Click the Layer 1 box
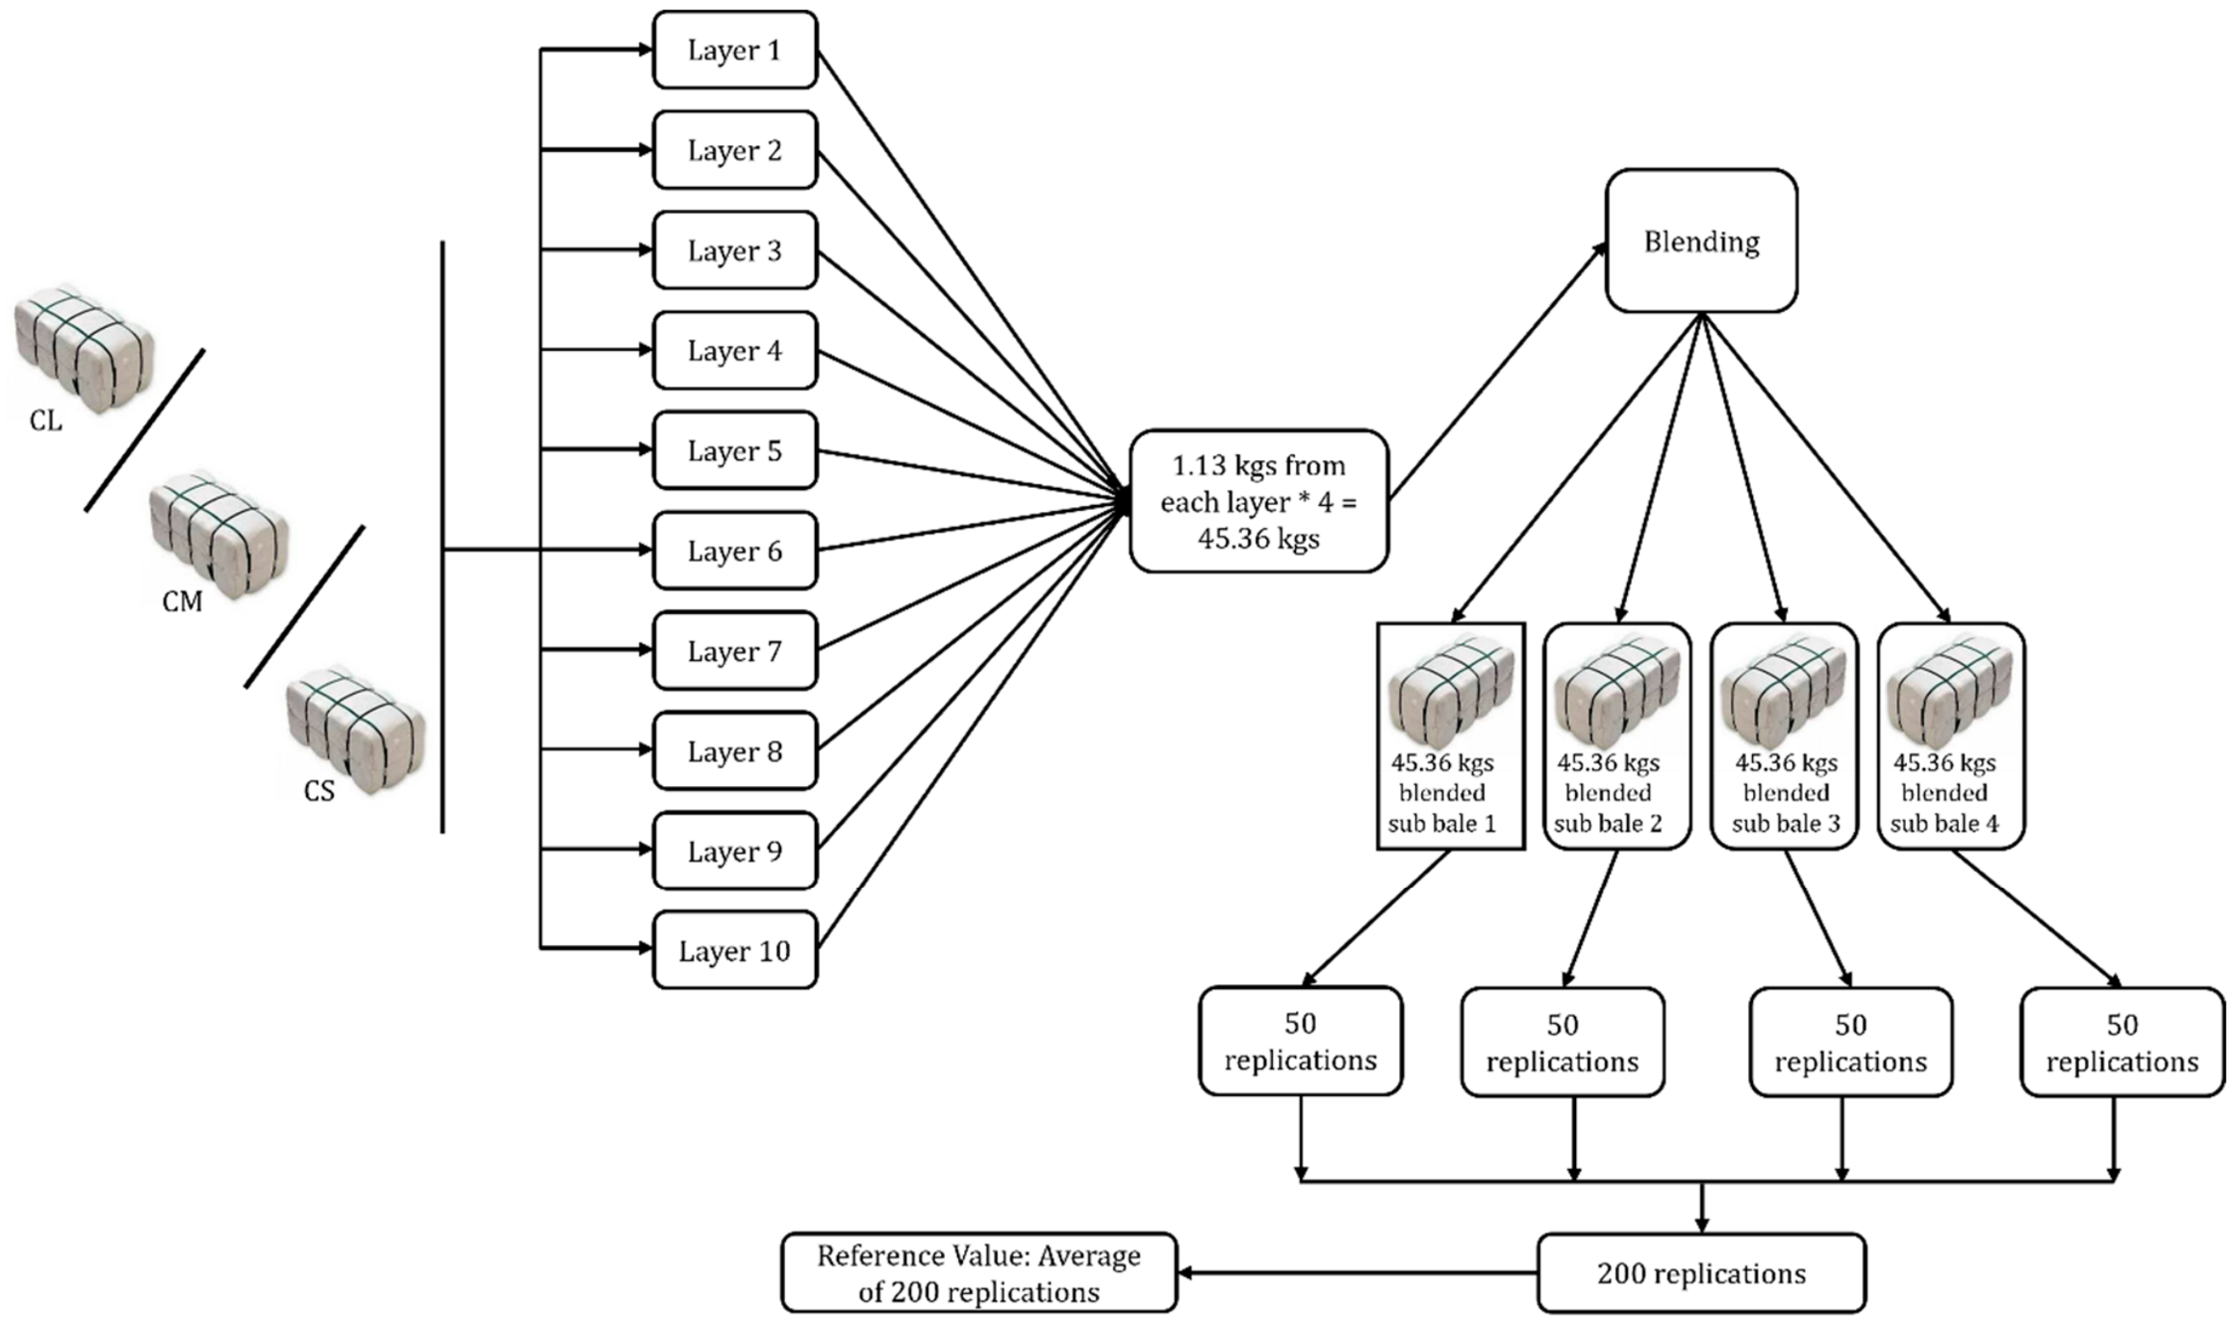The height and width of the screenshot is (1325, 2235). [734, 50]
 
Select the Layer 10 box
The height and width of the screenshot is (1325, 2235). [734, 950]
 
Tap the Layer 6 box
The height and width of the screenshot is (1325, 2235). [734, 550]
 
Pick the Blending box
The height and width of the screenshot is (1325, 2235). [1701, 241]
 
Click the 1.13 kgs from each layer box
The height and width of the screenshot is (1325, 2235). [1258, 501]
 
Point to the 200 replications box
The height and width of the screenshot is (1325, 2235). [1701, 1273]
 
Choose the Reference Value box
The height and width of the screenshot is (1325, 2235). [979, 1273]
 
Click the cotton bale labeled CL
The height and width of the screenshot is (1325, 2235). [84, 348]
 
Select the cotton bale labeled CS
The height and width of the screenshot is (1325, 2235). [356, 732]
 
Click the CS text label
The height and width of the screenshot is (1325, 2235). [319, 791]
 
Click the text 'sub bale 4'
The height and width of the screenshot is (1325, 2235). [1944, 823]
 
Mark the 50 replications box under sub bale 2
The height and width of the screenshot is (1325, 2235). [1562, 1042]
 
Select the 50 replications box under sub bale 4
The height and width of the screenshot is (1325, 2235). [2122, 1042]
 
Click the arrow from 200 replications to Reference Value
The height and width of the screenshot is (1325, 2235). [1357, 1273]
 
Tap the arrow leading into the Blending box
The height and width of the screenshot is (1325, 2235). [1498, 370]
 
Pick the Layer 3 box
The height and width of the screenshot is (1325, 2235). [734, 249]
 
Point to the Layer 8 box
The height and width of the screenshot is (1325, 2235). [734, 750]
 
